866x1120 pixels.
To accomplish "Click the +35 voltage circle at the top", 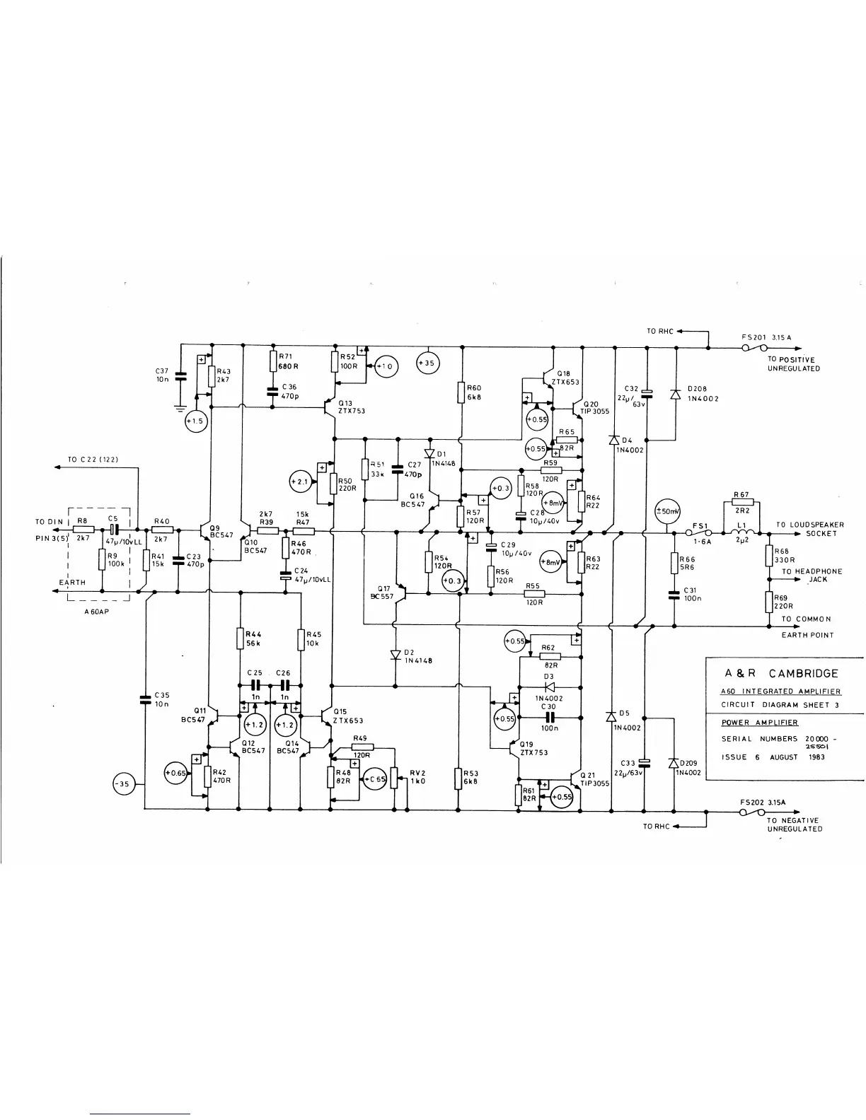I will pyautogui.click(x=427, y=364).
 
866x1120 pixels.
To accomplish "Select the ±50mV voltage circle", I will pyautogui.click(x=666, y=511).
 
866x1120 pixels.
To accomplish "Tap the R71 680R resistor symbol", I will pyautogui.click(x=272, y=361).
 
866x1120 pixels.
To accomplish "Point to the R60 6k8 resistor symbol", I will pyautogui.click(x=461, y=392).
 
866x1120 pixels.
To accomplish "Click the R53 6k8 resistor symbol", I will pyautogui.click(x=458, y=778).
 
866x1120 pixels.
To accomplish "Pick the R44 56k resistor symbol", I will pyautogui.click(x=241, y=639).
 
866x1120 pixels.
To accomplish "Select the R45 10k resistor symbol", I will pyautogui.click(x=301, y=639).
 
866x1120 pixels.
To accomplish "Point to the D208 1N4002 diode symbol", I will pyautogui.click(x=676, y=392).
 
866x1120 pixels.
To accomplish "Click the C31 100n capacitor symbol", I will pyautogui.click(x=674, y=593).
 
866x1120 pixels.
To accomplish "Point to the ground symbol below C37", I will pyautogui.click(x=180, y=408).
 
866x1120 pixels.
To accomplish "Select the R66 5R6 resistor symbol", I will pyautogui.click(x=674, y=564).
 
